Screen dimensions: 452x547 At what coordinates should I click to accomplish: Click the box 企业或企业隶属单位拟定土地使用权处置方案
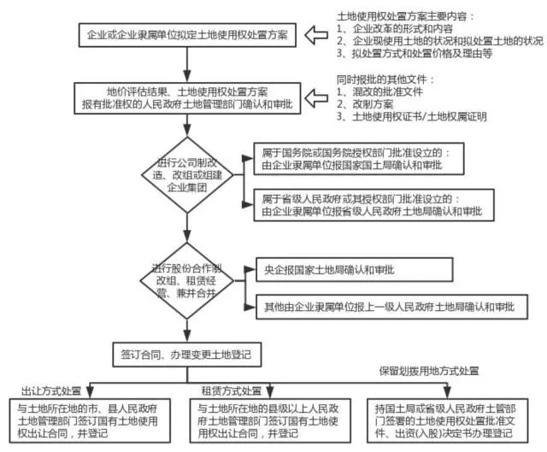(x=188, y=35)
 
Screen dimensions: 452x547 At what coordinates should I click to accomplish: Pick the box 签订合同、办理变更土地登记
(x=179, y=352)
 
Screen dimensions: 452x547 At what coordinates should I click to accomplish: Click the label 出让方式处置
(x=45, y=390)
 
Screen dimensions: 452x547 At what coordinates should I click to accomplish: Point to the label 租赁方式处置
(x=231, y=390)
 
